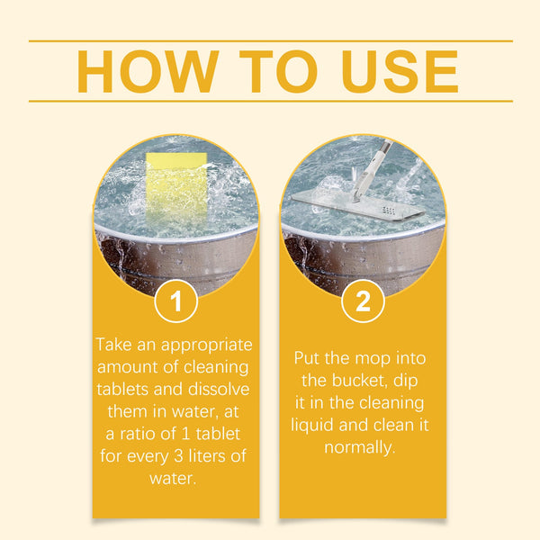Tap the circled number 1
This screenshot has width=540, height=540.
click(176, 301)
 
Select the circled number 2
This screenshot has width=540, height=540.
click(363, 301)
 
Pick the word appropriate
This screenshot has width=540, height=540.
click(205, 345)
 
